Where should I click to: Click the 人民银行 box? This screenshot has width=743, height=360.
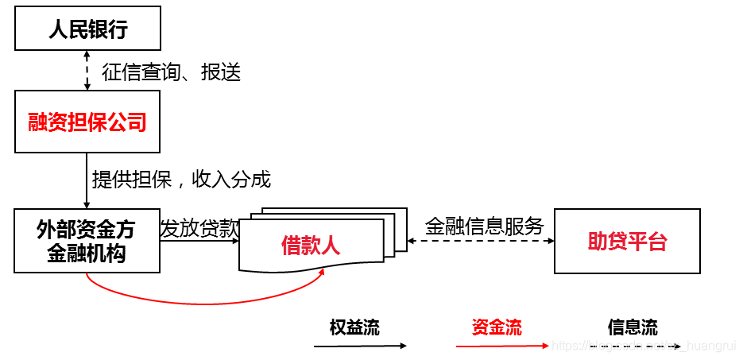tap(87, 30)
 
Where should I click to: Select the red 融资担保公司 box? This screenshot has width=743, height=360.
tap(87, 122)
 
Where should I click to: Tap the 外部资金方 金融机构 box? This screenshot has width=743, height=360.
tap(87, 241)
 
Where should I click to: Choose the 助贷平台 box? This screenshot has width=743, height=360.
tap(627, 242)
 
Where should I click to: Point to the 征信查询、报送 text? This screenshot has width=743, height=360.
tap(171, 72)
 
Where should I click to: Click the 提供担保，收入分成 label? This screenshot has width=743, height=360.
tap(181, 180)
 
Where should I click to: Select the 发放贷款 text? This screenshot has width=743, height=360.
tap(199, 229)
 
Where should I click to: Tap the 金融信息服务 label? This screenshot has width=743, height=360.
tap(484, 226)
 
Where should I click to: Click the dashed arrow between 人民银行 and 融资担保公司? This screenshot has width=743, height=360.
tap(87, 70)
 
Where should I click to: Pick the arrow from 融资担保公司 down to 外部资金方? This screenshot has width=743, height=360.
tap(87, 181)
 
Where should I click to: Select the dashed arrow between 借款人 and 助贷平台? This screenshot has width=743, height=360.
tap(481, 240)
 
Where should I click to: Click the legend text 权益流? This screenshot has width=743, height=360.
tap(354, 327)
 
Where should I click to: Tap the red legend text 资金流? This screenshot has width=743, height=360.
tap(497, 327)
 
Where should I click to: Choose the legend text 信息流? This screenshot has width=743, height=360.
tap(633, 327)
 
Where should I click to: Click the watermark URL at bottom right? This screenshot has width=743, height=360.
tap(644, 346)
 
